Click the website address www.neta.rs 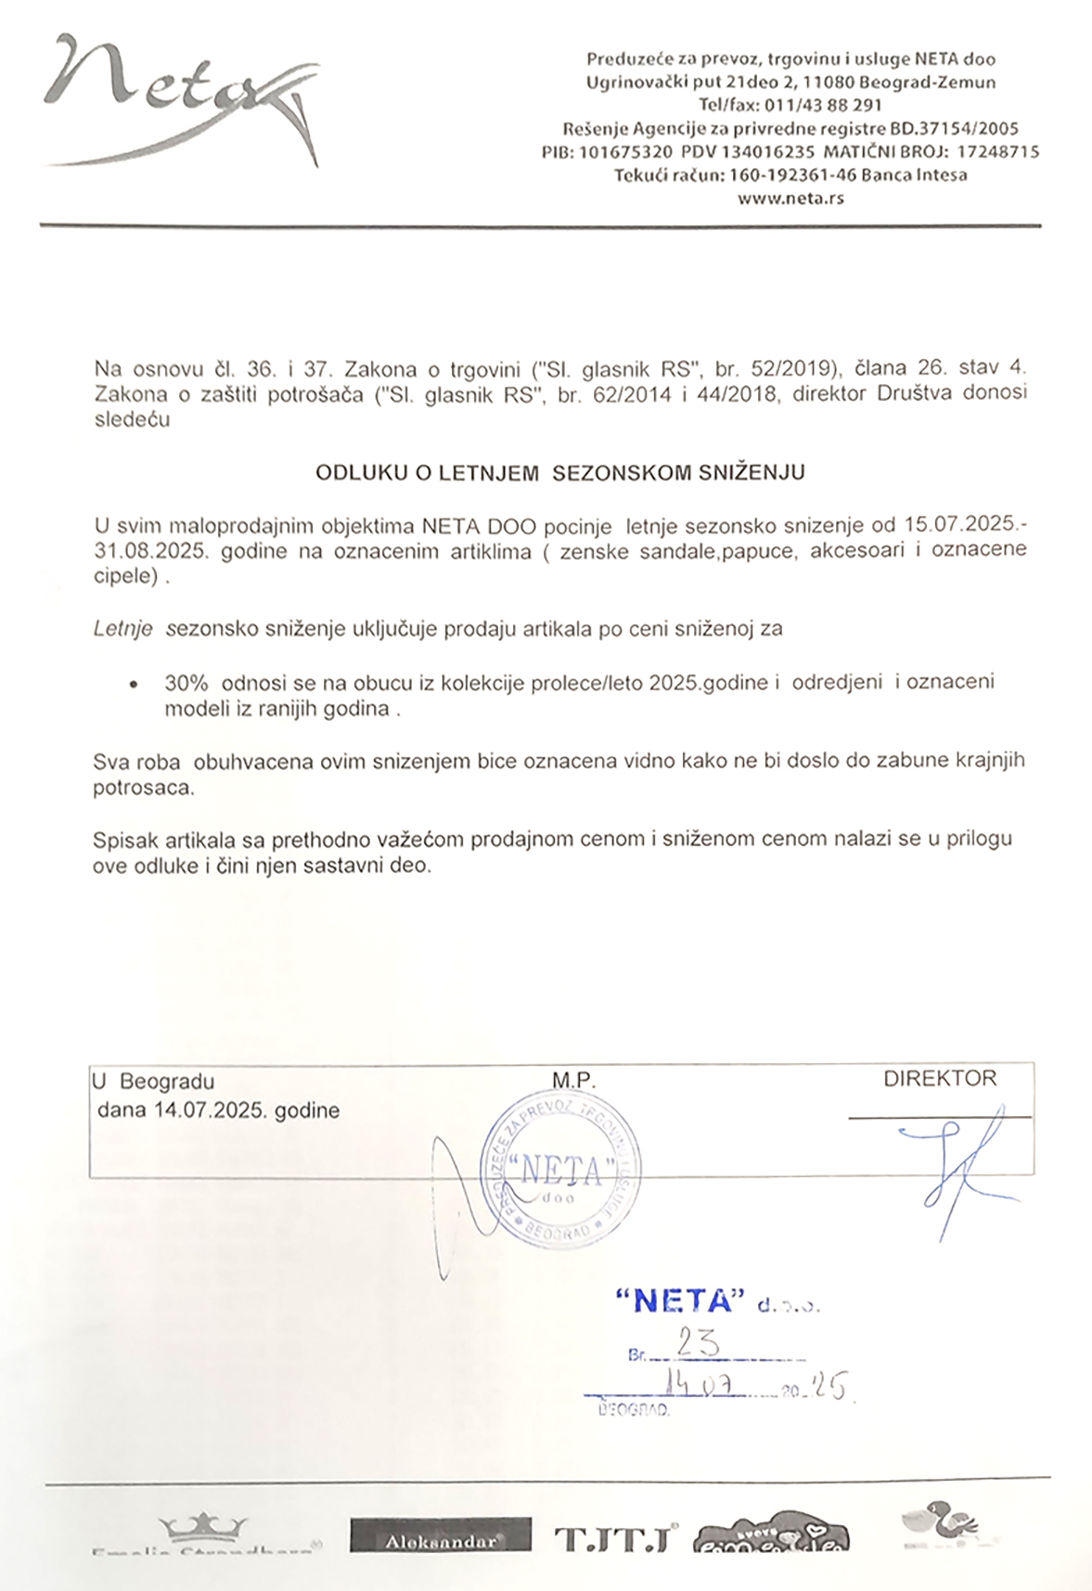click(x=790, y=199)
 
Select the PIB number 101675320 click(x=625, y=152)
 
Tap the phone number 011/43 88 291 click(x=822, y=105)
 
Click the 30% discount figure click(x=186, y=683)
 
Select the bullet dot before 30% click(x=135, y=685)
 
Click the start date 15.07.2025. click(x=960, y=525)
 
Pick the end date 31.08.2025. click(x=149, y=551)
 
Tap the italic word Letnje click(x=122, y=629)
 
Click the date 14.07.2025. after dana click(x=212, y=1110)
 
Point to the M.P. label click(x=573, y=1081)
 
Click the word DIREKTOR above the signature click(x=939, y=1079)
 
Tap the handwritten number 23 click(x=698, y=1342)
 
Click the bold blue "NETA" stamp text click(x=681, y=1302)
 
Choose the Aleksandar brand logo click(x=441, y=1535)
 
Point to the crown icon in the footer click(x=203, y=1526)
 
